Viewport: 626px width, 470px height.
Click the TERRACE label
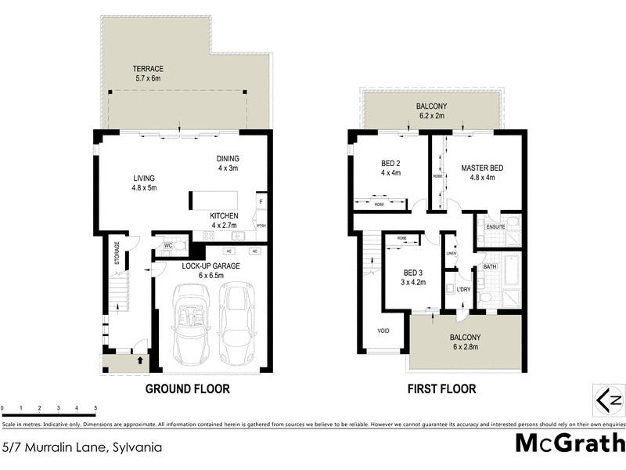click(x=147, y=68)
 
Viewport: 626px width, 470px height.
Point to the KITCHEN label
click(x=225, y=215)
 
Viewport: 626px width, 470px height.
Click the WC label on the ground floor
click(x=167, y=246)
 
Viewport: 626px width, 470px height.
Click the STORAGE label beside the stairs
click(x=117, y=257)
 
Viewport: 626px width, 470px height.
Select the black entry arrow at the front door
click(x=140, y=361)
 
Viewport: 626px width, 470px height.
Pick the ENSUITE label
click(x=495, y=227)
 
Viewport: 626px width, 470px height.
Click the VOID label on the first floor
click(x=383, y=331)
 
